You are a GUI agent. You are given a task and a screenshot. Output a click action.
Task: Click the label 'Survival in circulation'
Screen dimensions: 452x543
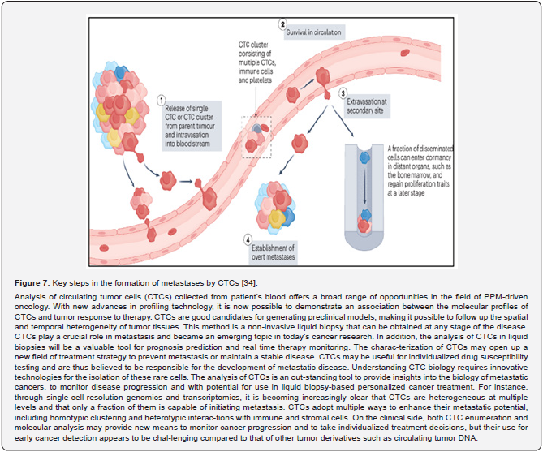(x=312, y=32)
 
